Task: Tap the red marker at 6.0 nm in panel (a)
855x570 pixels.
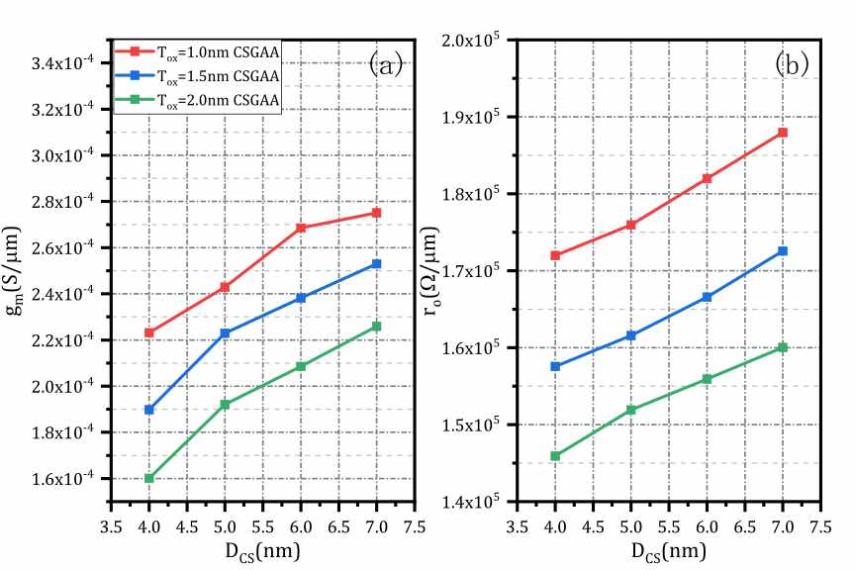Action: [301, 228]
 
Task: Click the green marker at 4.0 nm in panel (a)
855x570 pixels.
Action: [149, 478]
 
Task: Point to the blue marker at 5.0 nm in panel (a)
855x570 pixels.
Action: [225, 333]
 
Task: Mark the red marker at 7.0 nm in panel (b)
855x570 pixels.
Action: [783, 133]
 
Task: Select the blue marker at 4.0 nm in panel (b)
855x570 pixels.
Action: [555, 366]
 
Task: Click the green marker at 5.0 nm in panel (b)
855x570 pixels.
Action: [631, 410]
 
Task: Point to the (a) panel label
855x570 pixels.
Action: [386, 65]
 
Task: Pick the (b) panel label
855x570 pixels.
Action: [793, 65]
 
